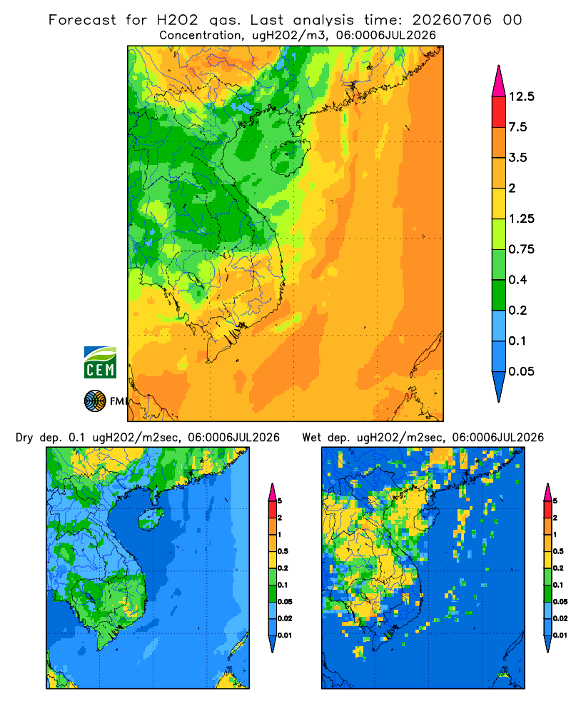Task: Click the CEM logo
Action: (100, 362)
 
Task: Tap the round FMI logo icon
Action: (95, 401)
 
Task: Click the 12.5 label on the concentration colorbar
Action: (521, 96)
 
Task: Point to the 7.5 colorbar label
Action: (517, 127)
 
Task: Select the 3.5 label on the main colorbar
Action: (517, 158)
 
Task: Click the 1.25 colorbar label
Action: (521, 218)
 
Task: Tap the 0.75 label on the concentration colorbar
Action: (521, 249)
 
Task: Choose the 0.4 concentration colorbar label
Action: (517, 280)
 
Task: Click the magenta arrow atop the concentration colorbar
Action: (499, 82)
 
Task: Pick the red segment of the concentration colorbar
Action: (499, 112)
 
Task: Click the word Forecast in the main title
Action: (82, 20)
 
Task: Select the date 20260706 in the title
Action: (452, 20)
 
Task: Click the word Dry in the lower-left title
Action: (24, 438)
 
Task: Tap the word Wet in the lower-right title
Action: (311, 438)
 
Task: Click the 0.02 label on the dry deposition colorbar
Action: (285, 618)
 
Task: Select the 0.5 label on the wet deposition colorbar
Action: (557, 551)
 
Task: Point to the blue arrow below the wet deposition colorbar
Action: (547, 644)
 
